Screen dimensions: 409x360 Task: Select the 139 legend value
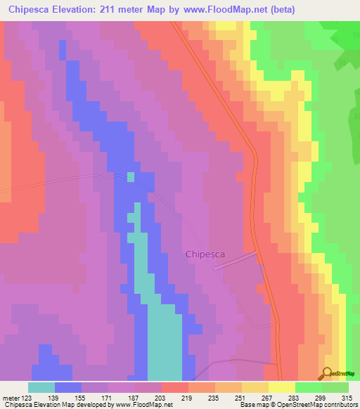pyautogui.click(x=54, y=398)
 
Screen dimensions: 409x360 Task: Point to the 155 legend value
pyautogui.click(x=81, y=398)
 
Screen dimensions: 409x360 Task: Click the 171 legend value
pyautogui.click(x=108, y=398)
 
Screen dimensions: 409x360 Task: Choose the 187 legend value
pyautogui.click(x=134, y=398)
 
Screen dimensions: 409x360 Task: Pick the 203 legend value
pyautogui.click(x=161, y=398)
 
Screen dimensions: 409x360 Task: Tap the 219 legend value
pyautogui.click(x=188, y=398)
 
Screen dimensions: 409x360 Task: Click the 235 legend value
pyautogui.click(x=214, y=398)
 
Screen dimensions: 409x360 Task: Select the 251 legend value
pyautogui.click(x=241, y=398)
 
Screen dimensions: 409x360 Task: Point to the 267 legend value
pyautogui.click(x=268, y=398)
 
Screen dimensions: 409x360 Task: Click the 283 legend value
pyautogui.click(x=295, y=398)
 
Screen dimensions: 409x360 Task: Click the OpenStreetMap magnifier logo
pyautogui.click(x=328, y=373)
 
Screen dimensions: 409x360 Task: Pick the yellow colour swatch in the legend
pyautogui.click(x=281, y=387)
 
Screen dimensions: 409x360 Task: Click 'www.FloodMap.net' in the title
pyautogui.click(x=217, y=9)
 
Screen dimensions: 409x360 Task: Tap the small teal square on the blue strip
pyautogui.click(x=130, y=176)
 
